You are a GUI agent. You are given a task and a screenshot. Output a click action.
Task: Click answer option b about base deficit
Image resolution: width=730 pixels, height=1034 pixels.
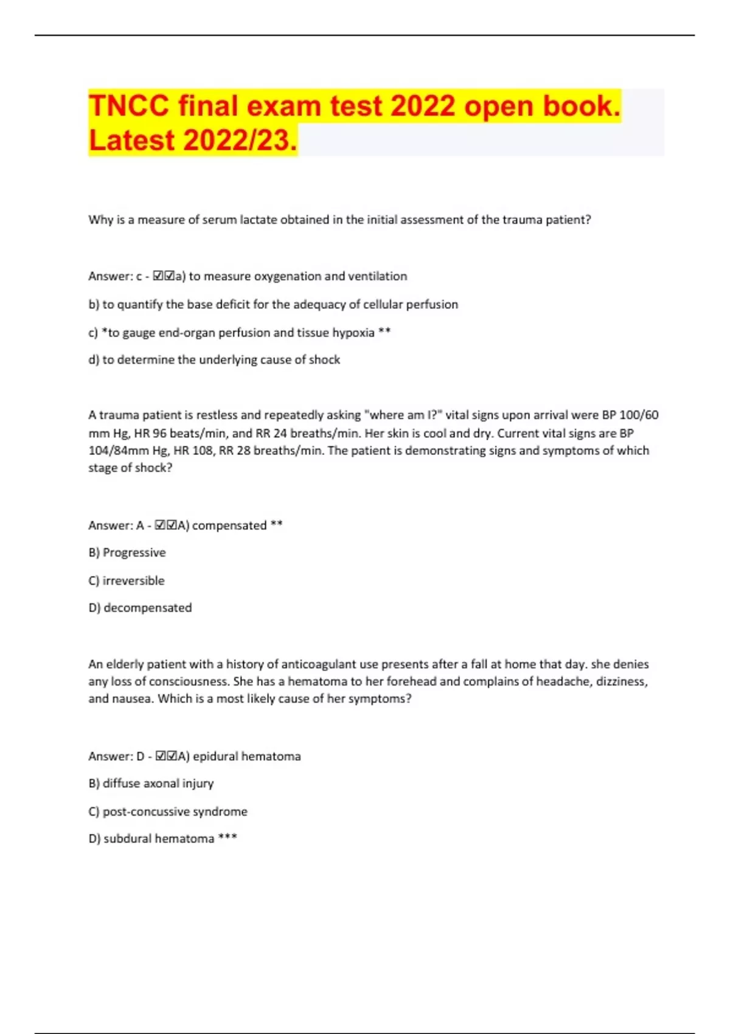[273, 305]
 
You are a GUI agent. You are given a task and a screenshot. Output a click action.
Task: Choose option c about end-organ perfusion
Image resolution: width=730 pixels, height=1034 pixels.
[239, 333]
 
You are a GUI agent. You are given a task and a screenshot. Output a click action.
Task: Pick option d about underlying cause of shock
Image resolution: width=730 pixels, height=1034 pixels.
[214, 360]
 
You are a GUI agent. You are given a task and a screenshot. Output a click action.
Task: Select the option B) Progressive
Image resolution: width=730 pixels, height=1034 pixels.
[127, 553]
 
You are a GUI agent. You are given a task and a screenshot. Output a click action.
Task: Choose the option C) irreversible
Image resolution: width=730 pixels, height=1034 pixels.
[127, 581]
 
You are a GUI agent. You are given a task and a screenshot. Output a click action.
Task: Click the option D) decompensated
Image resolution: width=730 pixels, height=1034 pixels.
[140, 608]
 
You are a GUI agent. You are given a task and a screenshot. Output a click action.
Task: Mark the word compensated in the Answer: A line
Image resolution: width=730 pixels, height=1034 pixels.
[229, 526]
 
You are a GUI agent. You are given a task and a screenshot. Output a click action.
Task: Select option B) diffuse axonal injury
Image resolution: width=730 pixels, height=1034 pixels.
[151, 784]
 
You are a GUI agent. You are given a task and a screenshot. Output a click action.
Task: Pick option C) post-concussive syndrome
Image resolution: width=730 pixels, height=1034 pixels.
[168, 812]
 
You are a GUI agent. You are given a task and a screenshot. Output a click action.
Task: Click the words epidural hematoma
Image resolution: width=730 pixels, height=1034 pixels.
[246, 757]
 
